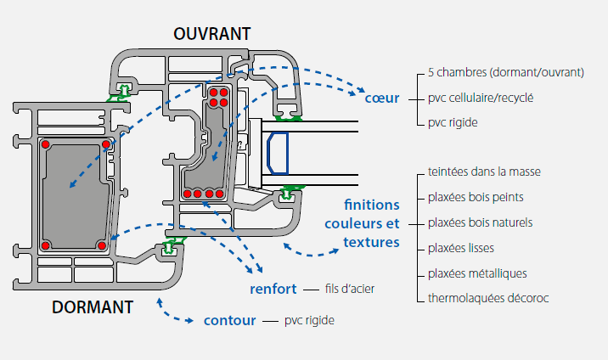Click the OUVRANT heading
[212, 34]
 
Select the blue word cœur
[382, 98]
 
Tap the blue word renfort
[273, 289]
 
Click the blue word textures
[371, 242]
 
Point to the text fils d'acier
[350, 290]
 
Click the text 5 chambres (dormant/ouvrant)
[506, 73]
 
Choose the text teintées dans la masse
[485, 172]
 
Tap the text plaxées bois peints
[476, 198]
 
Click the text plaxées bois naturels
[481, 223]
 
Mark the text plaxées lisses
[462, 249]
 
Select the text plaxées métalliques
[478, 273]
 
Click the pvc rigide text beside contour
[309, 321]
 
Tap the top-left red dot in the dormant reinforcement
[46, 143]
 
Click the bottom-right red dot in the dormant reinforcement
[101, 245]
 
